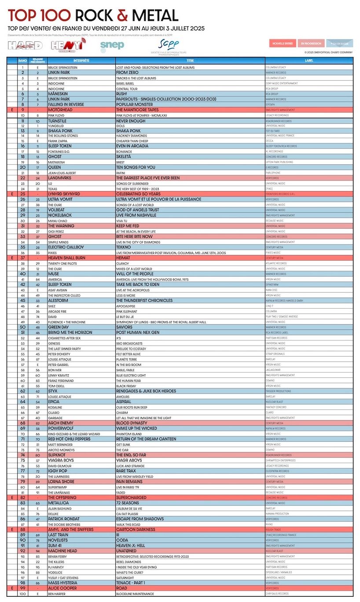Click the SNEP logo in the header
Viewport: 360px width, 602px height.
(112, 44)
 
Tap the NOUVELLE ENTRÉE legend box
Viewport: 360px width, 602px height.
(283, 44)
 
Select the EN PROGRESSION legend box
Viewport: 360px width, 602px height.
(311, 44)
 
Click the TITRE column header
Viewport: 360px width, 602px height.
(190, 61)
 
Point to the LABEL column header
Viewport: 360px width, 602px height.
(309, 61)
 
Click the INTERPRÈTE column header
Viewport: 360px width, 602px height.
(81, 61)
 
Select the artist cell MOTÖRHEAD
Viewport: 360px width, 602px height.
(61, 110)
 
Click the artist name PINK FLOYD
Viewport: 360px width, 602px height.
(56, 115)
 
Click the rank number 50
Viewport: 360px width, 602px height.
(22, 327)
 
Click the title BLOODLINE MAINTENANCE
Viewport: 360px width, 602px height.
(135, 594)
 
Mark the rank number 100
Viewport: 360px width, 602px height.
(22, 594)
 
